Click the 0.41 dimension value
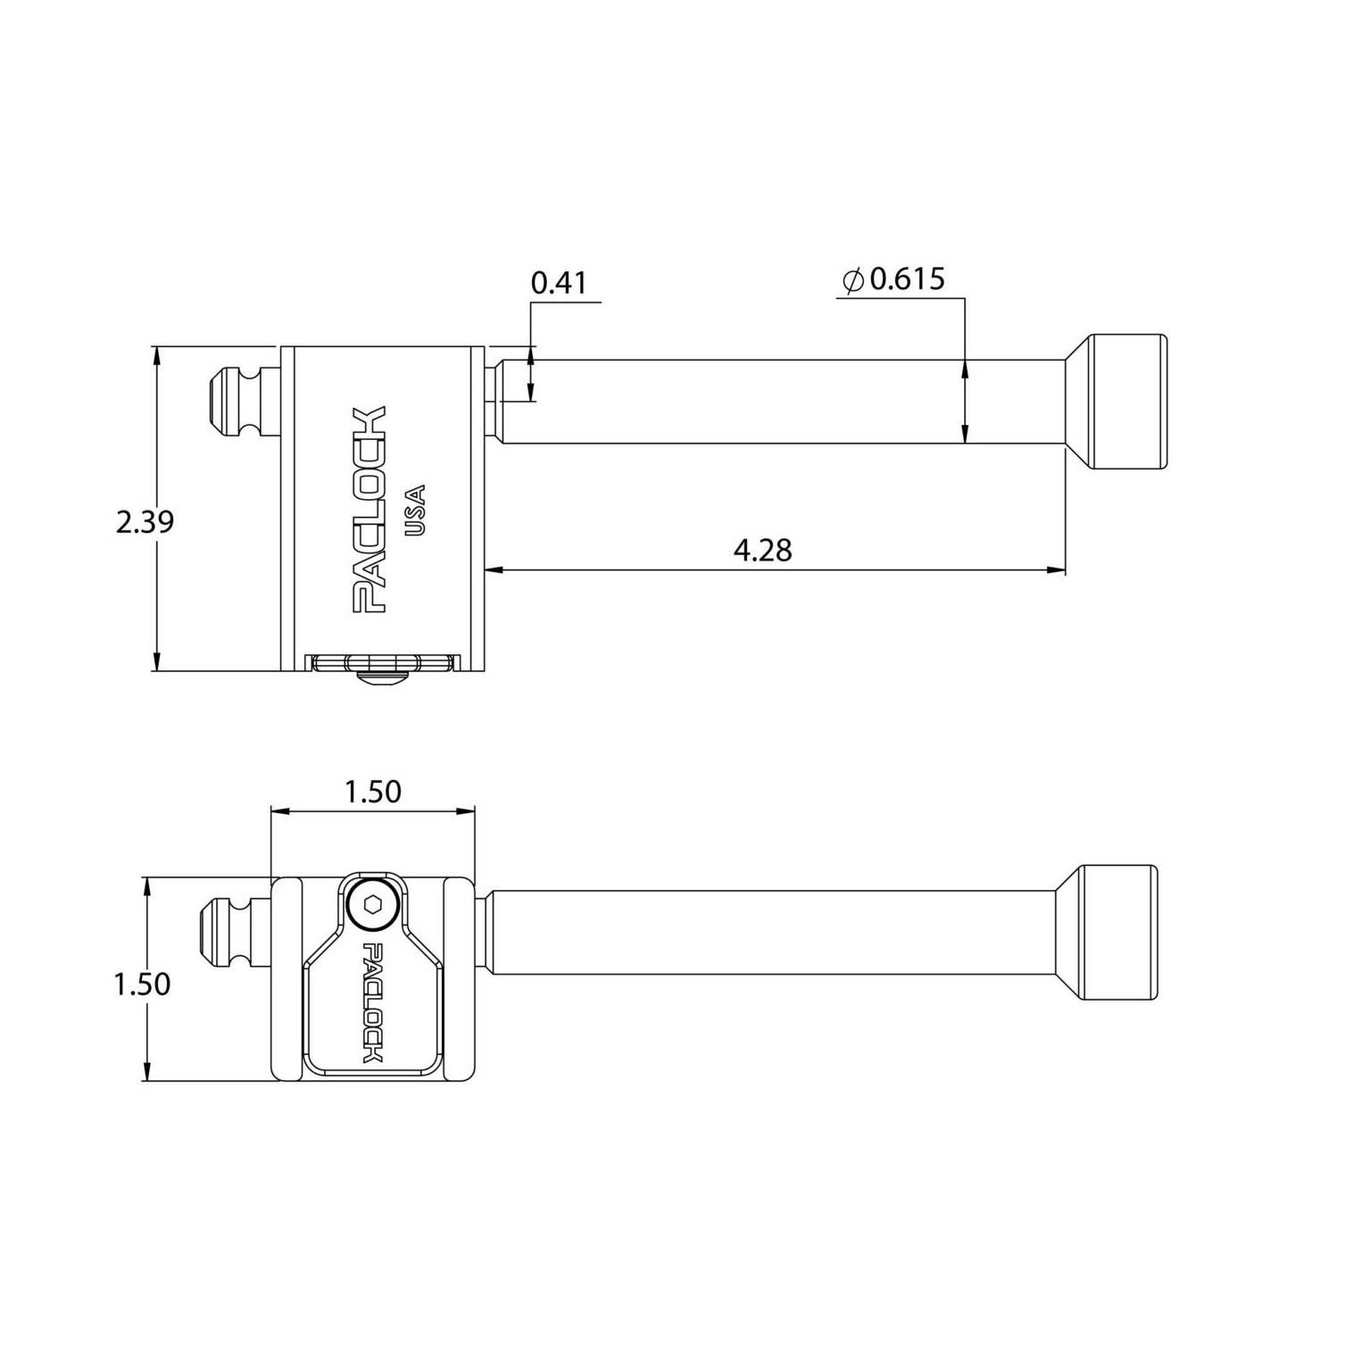[559, 283]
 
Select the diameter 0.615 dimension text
[906, 279]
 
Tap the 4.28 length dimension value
[762, 550]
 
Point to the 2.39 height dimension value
[145, 521]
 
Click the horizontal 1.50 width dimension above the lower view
[373, 792]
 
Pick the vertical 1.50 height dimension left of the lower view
[142, 984]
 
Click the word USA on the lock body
[415, 510]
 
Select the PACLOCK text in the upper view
[370, 510]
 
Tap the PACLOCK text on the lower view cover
[372, 1002]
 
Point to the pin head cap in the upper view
[1126, 403]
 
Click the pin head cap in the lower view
[1119, 933]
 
